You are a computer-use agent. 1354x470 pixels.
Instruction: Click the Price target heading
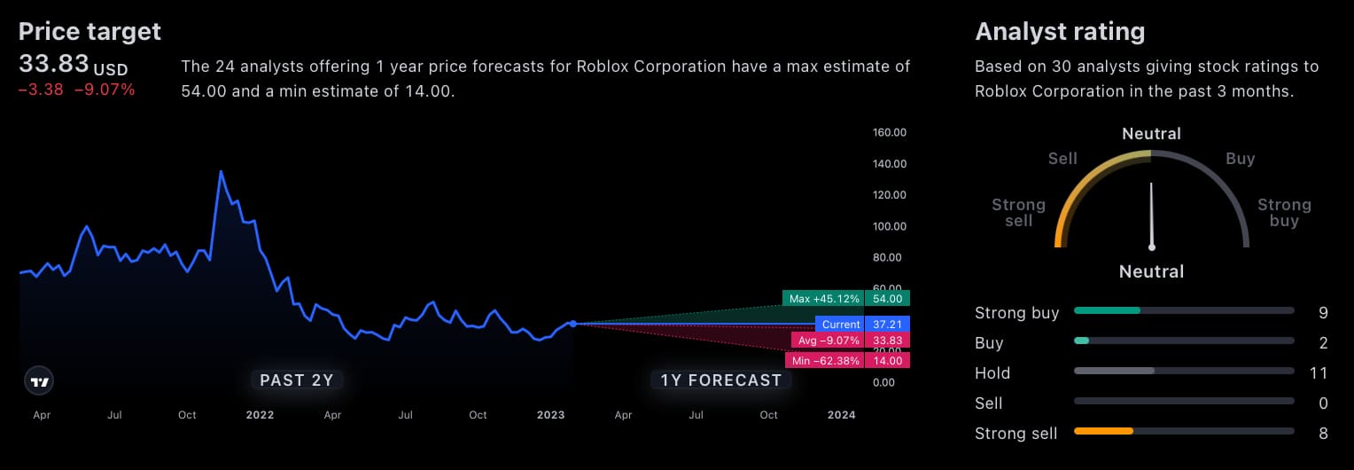(89, 32)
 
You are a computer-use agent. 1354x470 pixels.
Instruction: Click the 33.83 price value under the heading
(54, 64)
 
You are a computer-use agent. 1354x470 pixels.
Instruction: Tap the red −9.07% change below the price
(105, 90)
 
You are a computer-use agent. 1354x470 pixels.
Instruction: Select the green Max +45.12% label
(824, 299)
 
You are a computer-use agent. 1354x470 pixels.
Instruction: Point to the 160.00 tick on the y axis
(889, 133)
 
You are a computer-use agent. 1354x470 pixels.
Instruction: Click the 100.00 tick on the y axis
(889, 226)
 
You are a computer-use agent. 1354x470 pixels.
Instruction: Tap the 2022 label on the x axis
(260, 415)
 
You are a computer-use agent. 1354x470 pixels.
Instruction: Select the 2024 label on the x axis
(841, 415)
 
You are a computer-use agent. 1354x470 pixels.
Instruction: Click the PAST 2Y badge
(296, 380)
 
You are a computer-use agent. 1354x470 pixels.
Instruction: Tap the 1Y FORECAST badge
(721, 380)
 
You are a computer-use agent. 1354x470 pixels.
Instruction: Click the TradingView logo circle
(39, 381)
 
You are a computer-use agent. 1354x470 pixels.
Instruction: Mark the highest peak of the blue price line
(221, 171)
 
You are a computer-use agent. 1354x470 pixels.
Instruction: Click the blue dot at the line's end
(573, 324)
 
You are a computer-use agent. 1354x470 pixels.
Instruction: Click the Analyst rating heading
(1060, 32)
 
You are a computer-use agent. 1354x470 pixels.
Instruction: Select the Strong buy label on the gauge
(1284, 213)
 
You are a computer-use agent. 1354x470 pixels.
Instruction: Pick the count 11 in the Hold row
(1319, 373)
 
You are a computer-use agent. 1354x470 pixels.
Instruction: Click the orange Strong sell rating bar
(1103, 431)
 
